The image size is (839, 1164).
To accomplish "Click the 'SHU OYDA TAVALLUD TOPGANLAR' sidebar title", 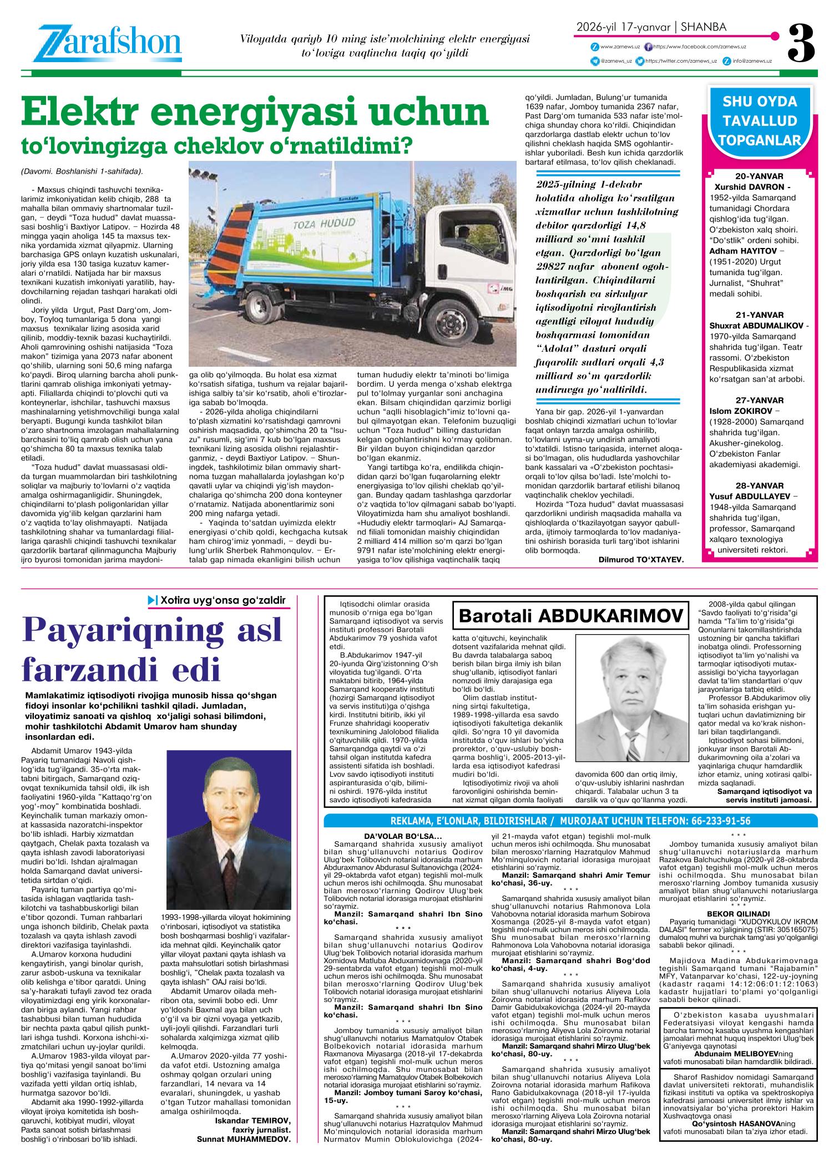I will pyautogui.click(x=760, y=121).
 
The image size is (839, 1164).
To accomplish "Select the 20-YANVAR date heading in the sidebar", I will pyautogui.click(x=760, y=176).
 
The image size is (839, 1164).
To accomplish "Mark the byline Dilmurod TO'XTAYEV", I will pyautogui.click(x=641, y=575).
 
